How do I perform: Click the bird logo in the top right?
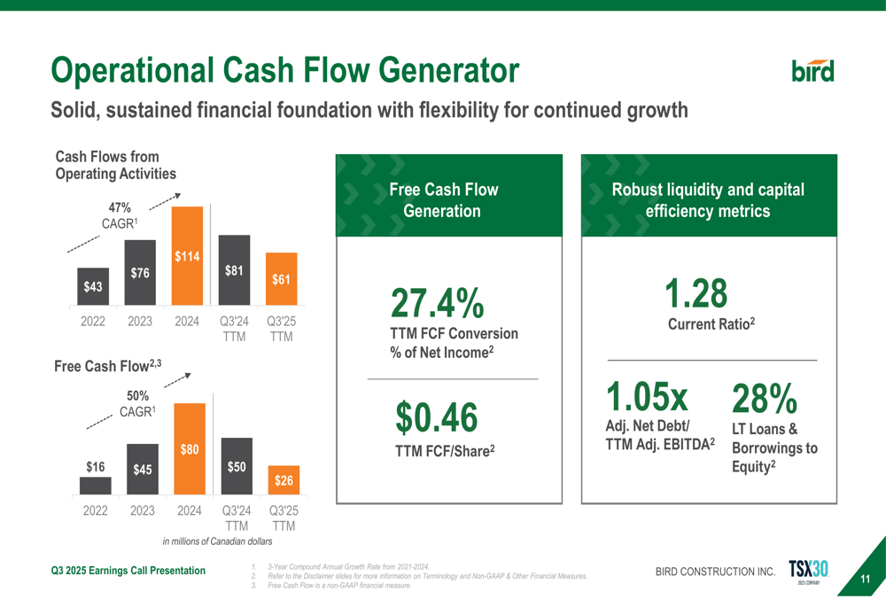[812, 70]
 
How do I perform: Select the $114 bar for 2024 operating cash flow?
[187, 256]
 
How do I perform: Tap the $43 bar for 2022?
[93, 287]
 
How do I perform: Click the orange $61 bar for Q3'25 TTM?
[281, 279]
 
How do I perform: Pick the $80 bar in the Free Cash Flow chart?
[189, 448]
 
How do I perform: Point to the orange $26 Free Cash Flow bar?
[283, 480]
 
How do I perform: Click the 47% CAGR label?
[120, 216]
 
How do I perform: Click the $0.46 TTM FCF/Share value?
[436, 417]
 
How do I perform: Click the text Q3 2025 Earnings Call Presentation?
[128, 570]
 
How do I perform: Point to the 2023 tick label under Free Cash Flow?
[142, 510]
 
